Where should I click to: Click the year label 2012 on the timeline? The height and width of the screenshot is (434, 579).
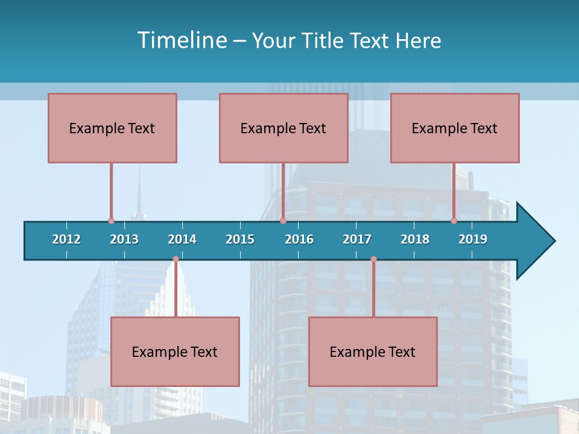coord(66,239)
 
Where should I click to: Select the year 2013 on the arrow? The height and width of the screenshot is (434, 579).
coord(124,239)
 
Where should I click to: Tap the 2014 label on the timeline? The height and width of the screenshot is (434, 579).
coord(182,239)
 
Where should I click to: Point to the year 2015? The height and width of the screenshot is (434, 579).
coord(240,239)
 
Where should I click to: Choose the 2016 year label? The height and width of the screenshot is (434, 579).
coord(299,239)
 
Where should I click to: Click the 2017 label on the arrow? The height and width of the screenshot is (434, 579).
coord(357,239)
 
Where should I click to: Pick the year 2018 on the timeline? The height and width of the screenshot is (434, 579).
coord(415,239)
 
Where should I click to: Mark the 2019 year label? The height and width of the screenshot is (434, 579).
coord(473,239)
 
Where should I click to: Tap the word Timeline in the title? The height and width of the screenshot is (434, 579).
coord(181,40)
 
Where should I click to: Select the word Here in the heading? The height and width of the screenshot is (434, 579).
coord(418,40)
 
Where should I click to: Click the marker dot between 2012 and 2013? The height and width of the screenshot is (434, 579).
coord(111,221)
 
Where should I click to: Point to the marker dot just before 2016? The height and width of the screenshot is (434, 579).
coord(283,221)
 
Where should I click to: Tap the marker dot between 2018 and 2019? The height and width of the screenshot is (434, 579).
coord(454,221)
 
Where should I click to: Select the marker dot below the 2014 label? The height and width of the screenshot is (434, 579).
coord(176,259)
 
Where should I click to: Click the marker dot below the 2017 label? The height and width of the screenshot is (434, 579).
coord(373,259)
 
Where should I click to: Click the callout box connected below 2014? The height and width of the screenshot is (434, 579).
coord(175,351)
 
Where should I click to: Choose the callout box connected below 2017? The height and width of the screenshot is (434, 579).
coord(373,351)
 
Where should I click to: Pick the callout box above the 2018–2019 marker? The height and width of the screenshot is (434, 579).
coord(455,128)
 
